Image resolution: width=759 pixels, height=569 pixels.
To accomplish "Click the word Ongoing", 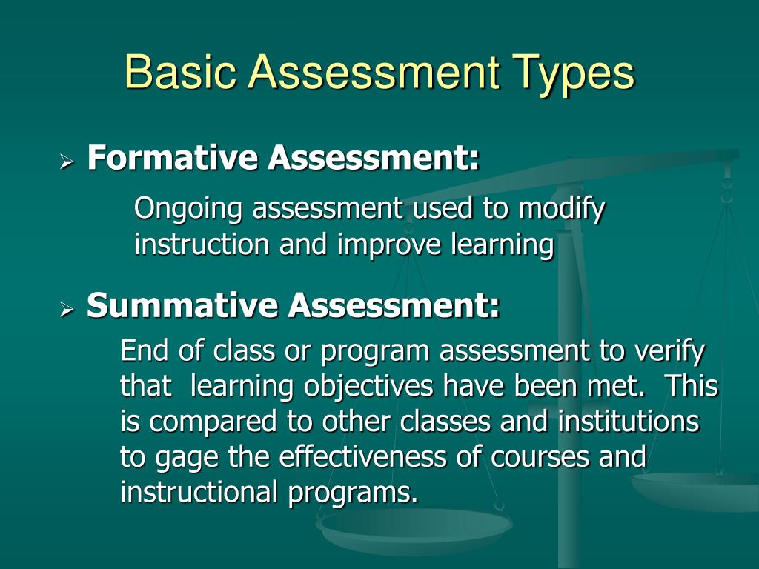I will point(188,210).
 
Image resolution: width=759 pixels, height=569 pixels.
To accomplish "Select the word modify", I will point(562,210).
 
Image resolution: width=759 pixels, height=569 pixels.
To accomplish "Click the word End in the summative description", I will point(145,350).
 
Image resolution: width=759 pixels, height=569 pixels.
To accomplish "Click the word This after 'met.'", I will point(691,386).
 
